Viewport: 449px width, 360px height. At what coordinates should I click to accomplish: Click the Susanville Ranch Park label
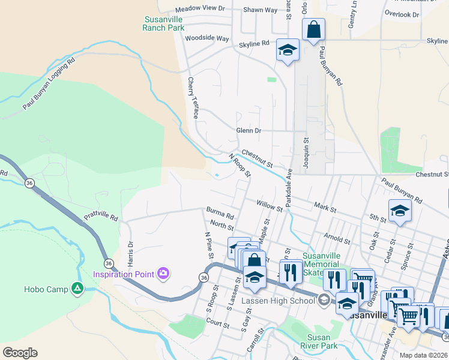point(164,23)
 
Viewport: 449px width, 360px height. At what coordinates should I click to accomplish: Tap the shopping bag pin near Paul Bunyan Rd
point(313,30)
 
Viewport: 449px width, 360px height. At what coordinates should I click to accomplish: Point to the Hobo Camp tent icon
point(77,289)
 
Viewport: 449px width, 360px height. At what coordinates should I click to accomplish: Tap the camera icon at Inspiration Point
point(163,274)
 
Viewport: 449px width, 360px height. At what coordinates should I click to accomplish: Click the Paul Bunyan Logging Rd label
point(49,84)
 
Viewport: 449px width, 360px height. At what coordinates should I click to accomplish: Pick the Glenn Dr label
point(249,131)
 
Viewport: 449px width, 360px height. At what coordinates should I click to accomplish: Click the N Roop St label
point(239,166)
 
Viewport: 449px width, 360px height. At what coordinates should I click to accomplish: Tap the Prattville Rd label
point(101,214)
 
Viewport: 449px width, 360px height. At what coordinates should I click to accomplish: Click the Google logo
point(20,353)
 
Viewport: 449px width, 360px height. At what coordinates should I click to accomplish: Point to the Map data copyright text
point(423,355)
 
